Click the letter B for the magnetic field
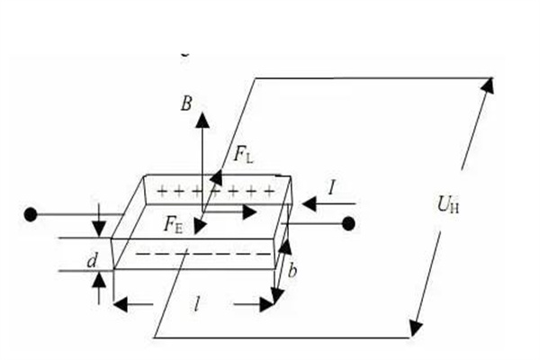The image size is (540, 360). [186, 104]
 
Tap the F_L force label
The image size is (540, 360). [243, 155]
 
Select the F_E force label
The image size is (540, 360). [175, 222]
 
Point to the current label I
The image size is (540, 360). [332, 188]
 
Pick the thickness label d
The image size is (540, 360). [92, 261]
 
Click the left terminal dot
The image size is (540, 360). [31, 215]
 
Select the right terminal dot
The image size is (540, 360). [349, 223]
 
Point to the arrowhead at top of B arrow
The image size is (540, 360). [202, 118]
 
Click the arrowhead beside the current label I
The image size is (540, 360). [309, 203]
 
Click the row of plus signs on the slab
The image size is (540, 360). [215, 191]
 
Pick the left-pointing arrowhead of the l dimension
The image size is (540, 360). [121, 304]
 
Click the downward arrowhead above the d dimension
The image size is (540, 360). [99, 229]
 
